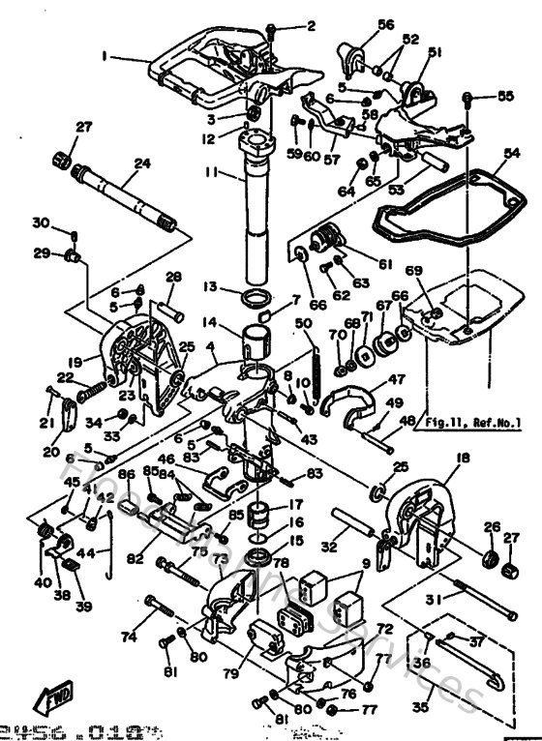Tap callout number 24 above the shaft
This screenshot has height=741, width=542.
click(x=141, y=163)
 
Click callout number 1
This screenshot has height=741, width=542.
click(x=104, y=56)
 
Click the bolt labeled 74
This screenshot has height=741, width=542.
click(x=161, y=609)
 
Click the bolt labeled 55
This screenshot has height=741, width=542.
click(x=468, y=99)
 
